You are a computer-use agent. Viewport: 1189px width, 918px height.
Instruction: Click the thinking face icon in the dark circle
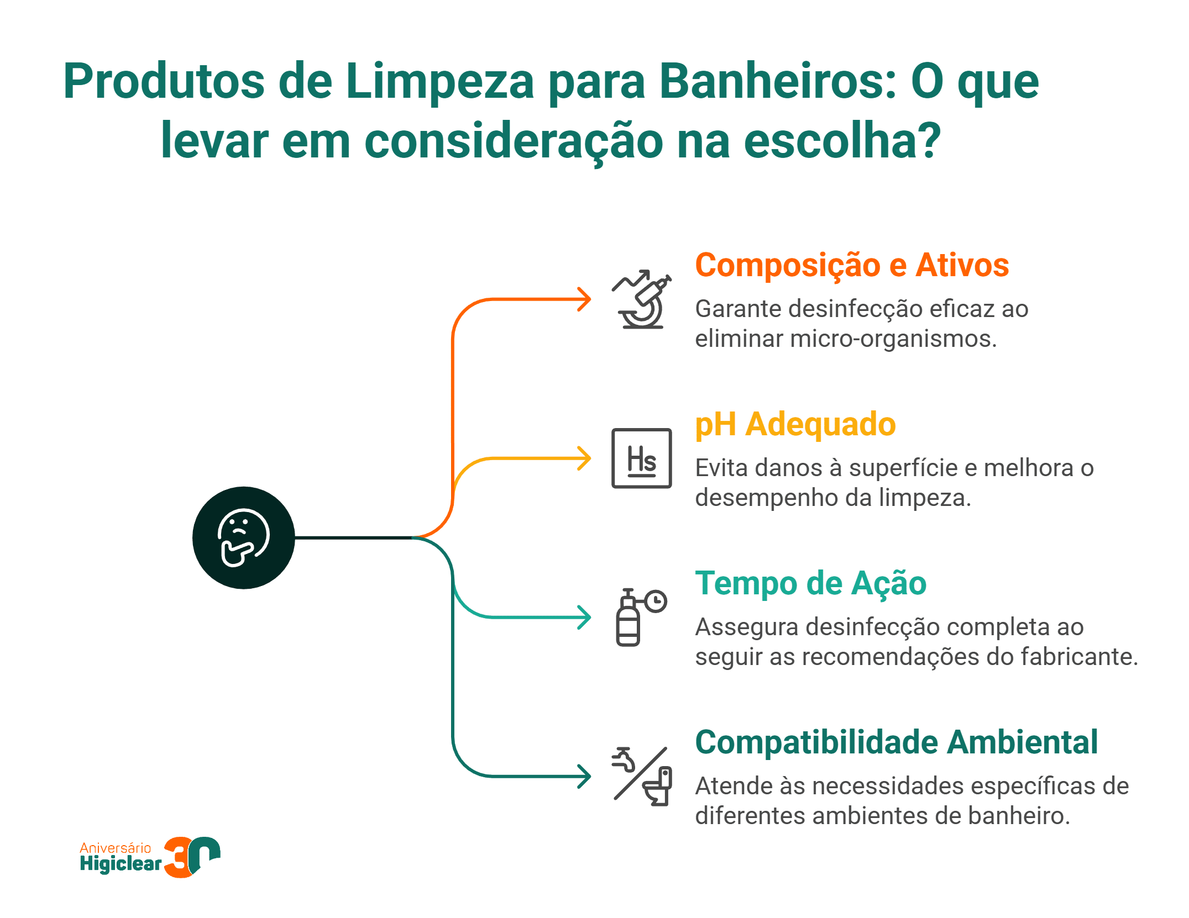243,537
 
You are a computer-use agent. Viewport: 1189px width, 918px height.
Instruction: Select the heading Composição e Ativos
851,265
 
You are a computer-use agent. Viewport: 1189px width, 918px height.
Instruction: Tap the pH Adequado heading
795,424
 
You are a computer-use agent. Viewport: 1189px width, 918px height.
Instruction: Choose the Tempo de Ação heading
810,583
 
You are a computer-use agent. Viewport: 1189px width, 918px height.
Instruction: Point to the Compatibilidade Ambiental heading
896,742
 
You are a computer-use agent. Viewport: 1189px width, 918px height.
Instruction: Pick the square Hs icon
641,458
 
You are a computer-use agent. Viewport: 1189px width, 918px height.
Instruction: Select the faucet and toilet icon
641,776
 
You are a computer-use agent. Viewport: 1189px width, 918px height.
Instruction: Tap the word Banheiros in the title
777,82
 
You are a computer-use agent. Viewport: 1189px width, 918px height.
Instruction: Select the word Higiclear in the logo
121,863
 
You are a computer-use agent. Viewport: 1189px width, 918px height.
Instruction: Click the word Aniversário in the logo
115,848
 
